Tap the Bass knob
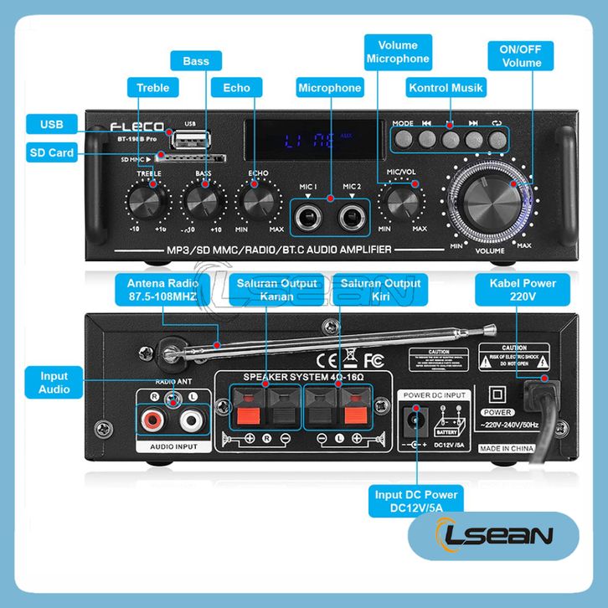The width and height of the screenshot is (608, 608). (x=204, y=201)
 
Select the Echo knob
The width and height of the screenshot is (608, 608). (x=259, y=201)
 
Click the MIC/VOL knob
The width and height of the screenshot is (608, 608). (x=401, y=201)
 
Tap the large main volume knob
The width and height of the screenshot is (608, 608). (x=490, y=198)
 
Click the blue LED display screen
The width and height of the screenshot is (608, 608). (x=309, y=138)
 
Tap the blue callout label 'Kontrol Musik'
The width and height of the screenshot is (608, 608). (x=445, y=88)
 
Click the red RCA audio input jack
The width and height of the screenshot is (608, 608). (x=154, y=418)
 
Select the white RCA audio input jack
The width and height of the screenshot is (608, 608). (x=192, y=418)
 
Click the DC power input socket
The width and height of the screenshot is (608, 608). (x=413, y=420)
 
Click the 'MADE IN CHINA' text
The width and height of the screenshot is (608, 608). (x=508, y=449)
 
